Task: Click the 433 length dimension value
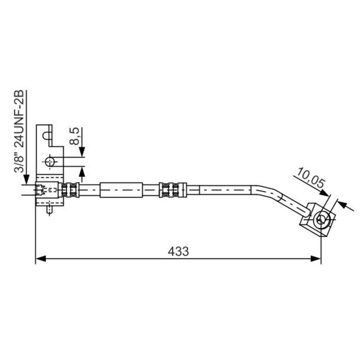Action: pyautogui.click(x=178, y=251)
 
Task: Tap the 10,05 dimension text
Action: pyautogui.click(x=311, y=178)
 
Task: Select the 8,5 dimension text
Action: pyautogui.click(x=74, y=136)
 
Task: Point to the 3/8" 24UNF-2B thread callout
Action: pyautogui.click(x=19, y=131)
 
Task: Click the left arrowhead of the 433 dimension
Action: pyautogui.click(x=41, y=259)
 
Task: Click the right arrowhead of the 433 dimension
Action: pyautogui.click(x=316, y=259)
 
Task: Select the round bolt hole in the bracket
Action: pyautogui.click(x=50, y=162)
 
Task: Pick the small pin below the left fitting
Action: pyautogui.click(x=49, y=210)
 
